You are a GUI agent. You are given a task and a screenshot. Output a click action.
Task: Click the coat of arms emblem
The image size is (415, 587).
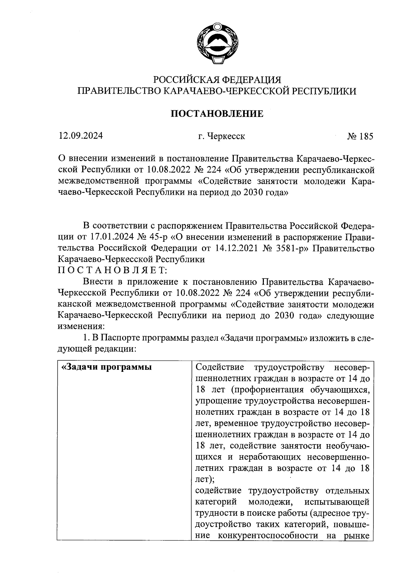point(217,43)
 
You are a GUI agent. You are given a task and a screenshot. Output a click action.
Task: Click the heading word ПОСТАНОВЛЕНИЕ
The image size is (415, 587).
point(217,113)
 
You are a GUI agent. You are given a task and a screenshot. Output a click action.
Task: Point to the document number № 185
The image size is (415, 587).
point(360,136)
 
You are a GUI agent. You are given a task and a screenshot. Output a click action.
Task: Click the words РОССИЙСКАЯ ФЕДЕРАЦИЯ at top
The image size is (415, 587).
point(217,80)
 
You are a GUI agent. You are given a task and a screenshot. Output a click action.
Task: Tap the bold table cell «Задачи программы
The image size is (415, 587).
point(106,367)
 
